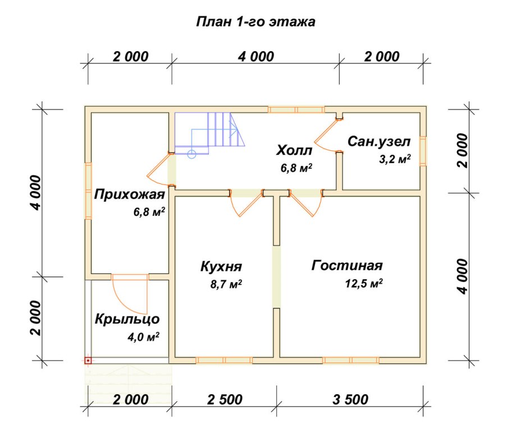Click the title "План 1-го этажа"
(255, 22)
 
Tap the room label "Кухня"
(221, 266)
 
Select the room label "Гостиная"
(347, 265)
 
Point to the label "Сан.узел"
(379, 141)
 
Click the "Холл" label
(294, 150)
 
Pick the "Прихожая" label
(129, 194)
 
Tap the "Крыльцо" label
(127, 319)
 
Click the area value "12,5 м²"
(364, 283)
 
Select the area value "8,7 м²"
(226, 284)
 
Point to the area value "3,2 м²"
(395, 159)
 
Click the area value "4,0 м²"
(143, 337)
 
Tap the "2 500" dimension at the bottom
(225, 400)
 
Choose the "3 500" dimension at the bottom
(350, 400)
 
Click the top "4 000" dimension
(256, 57)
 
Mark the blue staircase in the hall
(210, 133)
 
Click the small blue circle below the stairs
(192, 154)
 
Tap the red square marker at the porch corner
(88, 361)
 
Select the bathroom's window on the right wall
(423, 151)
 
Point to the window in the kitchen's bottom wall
(224, 360)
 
